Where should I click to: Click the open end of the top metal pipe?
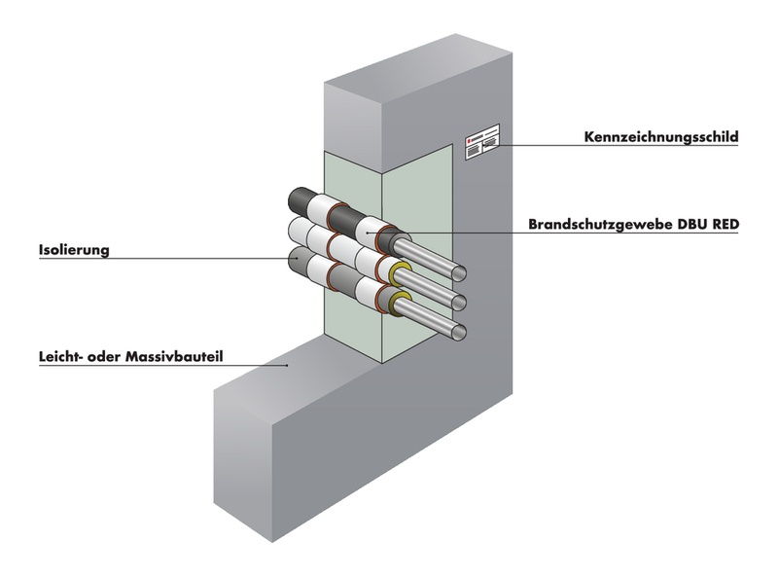462,273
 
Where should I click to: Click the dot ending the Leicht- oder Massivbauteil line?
288,366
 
